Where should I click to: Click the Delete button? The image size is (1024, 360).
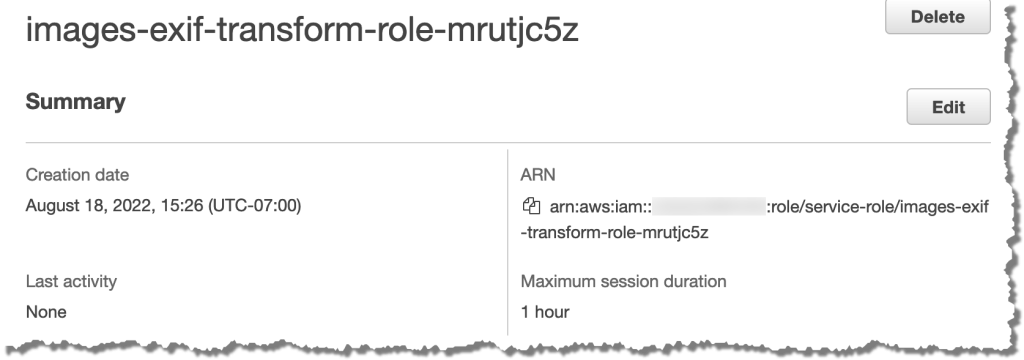tap(937, 17)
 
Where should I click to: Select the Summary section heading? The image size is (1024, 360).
tap(75, 101)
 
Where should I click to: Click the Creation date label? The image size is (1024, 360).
tap(77, 175)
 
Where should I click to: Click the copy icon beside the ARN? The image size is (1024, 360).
tap(531, 207)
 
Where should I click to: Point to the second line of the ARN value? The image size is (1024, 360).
tap(615, 233)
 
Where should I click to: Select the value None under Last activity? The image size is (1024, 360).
tap(46, 312)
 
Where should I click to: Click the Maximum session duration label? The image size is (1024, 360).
tap(623, 282)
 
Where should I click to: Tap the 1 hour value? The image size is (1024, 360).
tap(545, 312)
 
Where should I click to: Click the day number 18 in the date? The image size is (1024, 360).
tap(92, 206)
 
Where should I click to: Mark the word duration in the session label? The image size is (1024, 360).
tap(695, 282)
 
